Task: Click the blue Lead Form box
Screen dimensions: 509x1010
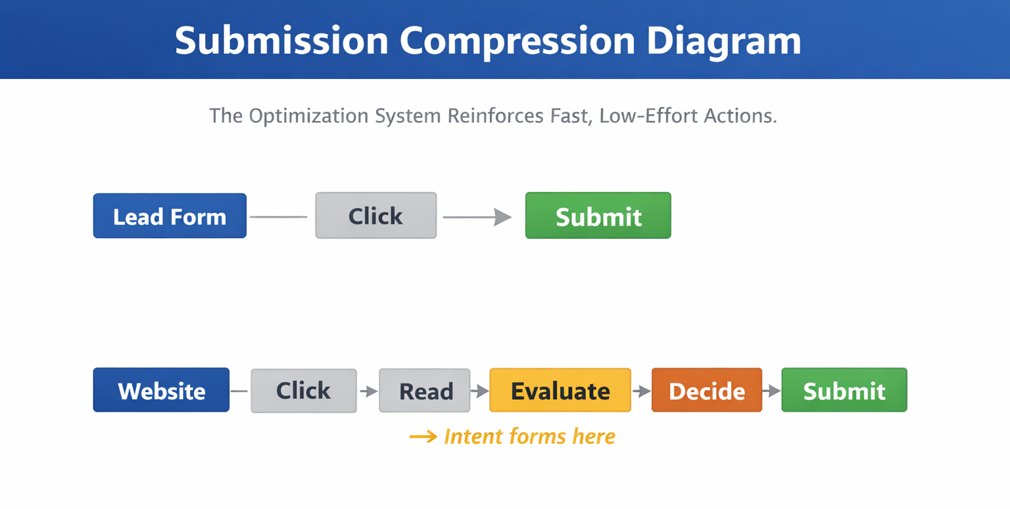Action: click(x=170, y=216)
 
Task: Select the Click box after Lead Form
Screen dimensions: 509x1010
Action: click(x=375, y=215)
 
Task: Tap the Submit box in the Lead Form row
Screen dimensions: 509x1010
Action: click(x=598, y=216)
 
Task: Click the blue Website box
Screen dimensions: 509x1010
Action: click(x=161, y=390)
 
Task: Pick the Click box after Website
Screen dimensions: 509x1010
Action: click(x=303, y=391)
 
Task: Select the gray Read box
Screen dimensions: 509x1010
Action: click(x=425, y=391)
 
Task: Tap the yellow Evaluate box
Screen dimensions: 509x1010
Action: click(x=560, y=390)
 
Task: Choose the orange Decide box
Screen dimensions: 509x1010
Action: click(x=706, y=390)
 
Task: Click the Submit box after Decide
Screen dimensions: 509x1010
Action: click(x=844, y=390)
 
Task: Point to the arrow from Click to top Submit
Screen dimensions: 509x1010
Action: click(x=477, y=216)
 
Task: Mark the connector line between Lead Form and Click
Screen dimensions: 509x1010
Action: click(x=278, y=216)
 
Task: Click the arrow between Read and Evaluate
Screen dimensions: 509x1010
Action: click(x=480, y=391)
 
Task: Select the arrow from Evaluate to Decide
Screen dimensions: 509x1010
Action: click(x=641, y=391)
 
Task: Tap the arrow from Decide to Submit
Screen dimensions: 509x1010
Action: click(x=771, y=391)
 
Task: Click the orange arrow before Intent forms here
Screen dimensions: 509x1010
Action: click(x=423, y=437)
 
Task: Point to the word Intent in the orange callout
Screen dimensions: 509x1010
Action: click(x=467, y=436)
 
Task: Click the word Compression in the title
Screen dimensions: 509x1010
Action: click(x=517, y=41)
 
